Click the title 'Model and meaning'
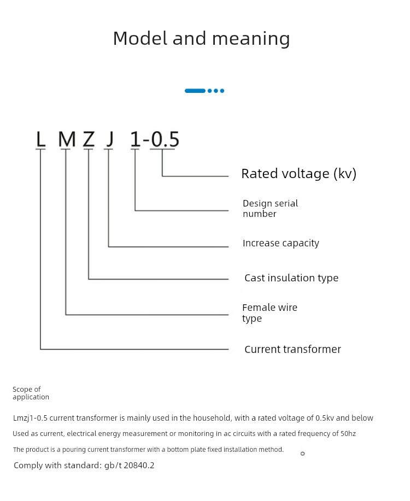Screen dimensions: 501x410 tap(201, 38)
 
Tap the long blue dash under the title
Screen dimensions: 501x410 tap(195, 91)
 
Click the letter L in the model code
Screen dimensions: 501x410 tap(40, 139)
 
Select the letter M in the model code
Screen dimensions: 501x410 tap(67, 139)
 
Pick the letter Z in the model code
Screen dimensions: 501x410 tap(89, 139)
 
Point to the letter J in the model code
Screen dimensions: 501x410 tap(110, 139)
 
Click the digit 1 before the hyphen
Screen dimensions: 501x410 tap(135, 139)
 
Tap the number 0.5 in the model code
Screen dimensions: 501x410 tap(165, 139)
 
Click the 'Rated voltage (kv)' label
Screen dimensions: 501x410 tap(298, 174)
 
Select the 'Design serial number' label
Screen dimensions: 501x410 tap(270, 208)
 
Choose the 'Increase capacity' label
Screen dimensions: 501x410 tap(280, 243)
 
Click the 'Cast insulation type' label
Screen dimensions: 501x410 tap(291, 278)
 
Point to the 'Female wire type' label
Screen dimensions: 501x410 tap(270, 313)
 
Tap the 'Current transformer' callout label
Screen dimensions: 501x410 tap(292, 349)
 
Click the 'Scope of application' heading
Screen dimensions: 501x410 tap(31, 393)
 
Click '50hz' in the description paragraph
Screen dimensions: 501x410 tap(348, 434)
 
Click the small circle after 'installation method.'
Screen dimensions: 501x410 tap(302, 453)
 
